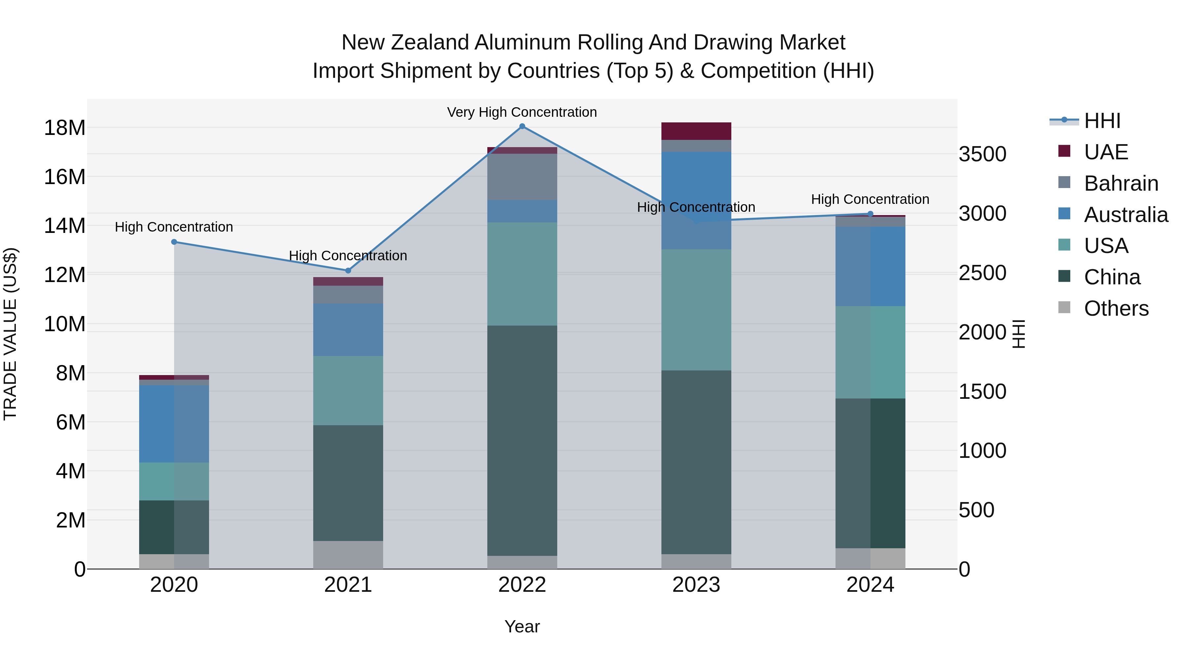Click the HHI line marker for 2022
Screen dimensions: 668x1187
pyautogui.click(x=522, y=126)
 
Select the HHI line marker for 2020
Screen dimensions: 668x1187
pyautogui.click(x=174, y=242)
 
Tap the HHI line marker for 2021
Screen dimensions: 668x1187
pyautogui.click(x=349, y=270)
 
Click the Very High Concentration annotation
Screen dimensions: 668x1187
pyautogui.click(x=522, y=112)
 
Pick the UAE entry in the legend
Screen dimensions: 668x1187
pyautogui.click(x=1106, y=152)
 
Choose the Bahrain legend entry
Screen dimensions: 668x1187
pyautogui.click(x=1121, y=183)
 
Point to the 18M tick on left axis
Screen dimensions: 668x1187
pyautogui.click(x=65, y=128)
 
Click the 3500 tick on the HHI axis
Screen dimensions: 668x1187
pyautogui.click(x=983, y=154)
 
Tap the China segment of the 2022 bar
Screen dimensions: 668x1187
pyautogui.click(x=522, y=440)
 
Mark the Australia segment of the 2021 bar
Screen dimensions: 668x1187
pyautogui.click(x=349, y=329)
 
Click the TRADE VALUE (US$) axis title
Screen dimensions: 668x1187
pyautogui.click(x=10, y=334)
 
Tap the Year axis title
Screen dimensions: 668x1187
pyautogui.click(x=522, y=626)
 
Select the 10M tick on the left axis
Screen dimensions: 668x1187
pyautogui.click(x=65, y=324)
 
